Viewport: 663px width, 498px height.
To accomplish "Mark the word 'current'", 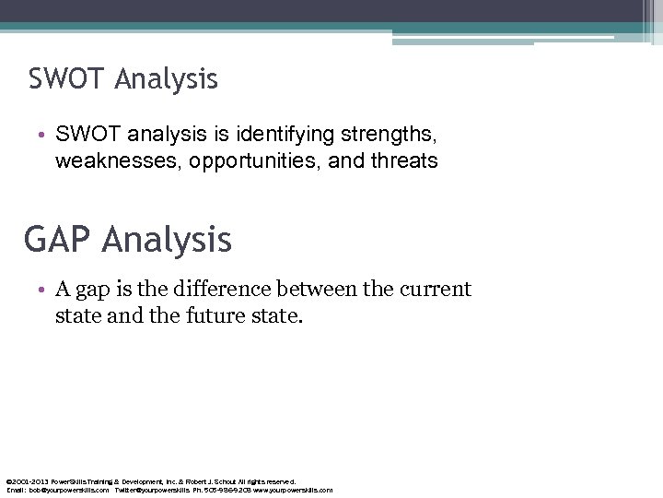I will [435, 290].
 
